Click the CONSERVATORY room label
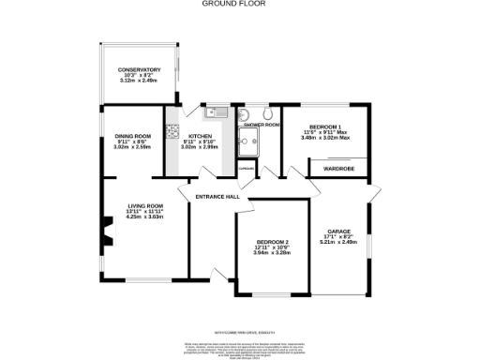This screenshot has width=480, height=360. [x=139, y=70]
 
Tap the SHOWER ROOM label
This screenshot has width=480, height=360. [x=262, y=124]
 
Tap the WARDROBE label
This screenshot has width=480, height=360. [x=337, y=169]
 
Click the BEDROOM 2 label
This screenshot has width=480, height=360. [x=273, y=242]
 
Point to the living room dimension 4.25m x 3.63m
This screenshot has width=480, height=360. [x=145, y=217]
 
